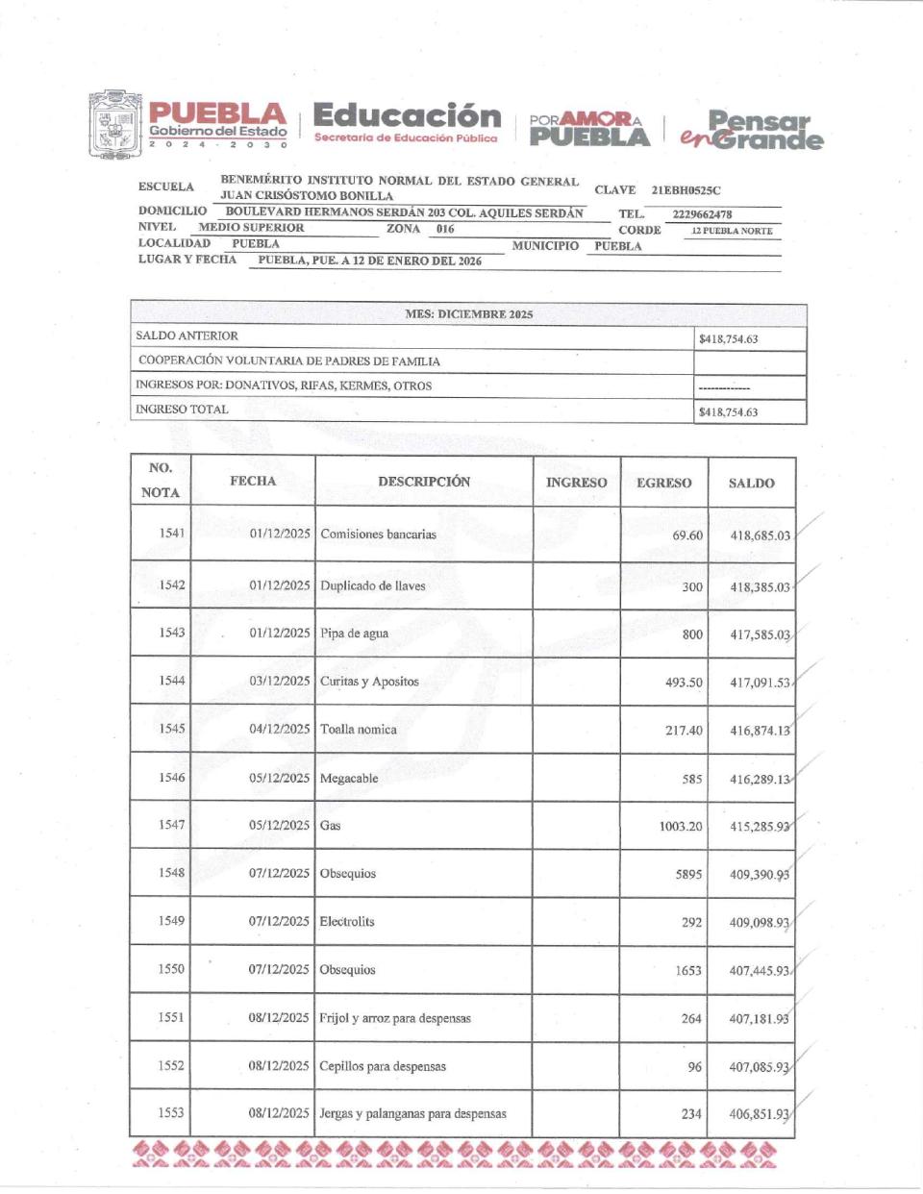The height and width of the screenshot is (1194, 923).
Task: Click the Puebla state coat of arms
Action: click(x=115, y=124)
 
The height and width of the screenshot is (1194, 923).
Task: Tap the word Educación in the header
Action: click(x=407, y=116)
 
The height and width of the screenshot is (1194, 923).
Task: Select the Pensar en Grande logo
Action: click(x=751, y=131)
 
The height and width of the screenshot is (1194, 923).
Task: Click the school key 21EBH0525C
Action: click(x=686, y=190)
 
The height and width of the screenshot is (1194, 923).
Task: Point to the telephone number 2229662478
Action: click(x=702, y=214)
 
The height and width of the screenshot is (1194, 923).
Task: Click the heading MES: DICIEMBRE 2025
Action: click(x=468, y=314)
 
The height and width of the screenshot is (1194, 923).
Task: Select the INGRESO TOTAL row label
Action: click(x=182, y=410)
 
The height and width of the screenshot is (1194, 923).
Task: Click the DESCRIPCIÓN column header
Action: click(x=424, y=482)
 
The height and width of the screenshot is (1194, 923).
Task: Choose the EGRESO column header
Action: click(x=663, y=483)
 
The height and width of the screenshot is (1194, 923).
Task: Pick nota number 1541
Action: click(x=172, y=534)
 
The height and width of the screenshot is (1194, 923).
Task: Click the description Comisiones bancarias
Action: click(x=378, y=535)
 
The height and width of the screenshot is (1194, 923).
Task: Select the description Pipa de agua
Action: click(x=354, y=634)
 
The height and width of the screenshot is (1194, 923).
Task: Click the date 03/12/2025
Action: click(x=280, y=682)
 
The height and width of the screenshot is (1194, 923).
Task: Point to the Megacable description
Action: click(x=349, y=779)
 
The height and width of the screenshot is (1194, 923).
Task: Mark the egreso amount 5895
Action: click(x=688, y=875)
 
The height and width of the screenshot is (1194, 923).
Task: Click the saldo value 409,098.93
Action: click(x=759, y=923)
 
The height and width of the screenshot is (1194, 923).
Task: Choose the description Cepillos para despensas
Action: click(x=383, y=1066)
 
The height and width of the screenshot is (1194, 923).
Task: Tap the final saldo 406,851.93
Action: click(x=759, y=1114)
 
